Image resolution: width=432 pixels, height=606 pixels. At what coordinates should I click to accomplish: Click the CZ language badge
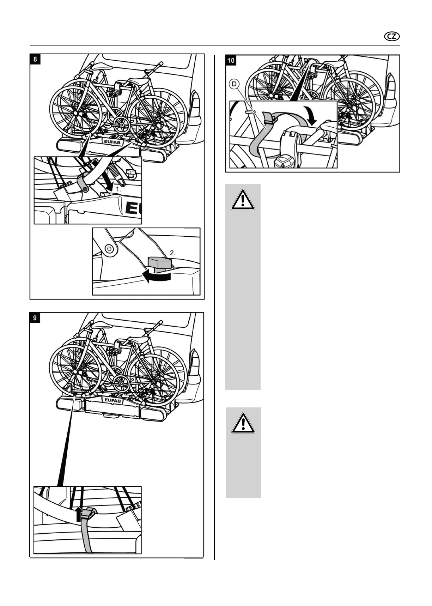(x=392, y=36)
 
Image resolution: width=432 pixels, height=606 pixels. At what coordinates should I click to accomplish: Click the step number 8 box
(x=35, y=59)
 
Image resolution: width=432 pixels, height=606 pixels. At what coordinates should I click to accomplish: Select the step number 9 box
(x=35, y=318)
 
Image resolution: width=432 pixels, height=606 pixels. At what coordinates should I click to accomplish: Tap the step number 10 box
(x=231, y=60)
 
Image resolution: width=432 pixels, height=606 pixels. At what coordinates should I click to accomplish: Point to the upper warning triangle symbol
(x=243, y=200)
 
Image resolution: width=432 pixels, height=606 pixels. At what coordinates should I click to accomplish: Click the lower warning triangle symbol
(x=243, y=423)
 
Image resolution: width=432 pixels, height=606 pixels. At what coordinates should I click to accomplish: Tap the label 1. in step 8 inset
(x=118, y=189)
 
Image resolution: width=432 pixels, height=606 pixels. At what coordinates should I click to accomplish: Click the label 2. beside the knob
(x=172, y=253)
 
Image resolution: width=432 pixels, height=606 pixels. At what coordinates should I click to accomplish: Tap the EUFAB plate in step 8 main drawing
(x=113, y=141)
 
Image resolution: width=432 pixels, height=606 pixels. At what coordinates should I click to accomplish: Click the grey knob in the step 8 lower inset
(x=159, y=263)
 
